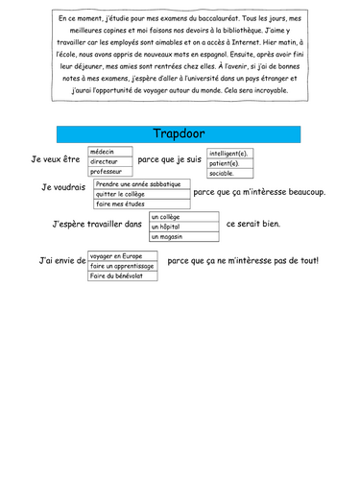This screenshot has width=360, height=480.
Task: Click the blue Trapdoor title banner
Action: click(x=180, y=132)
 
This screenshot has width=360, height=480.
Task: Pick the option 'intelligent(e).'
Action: click(x=233, y=153)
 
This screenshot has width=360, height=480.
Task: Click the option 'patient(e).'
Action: click(x=233, y=163)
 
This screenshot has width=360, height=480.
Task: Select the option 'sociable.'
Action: click(x=233, y=173)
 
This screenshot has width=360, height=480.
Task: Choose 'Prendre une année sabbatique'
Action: click(x=140, y=183)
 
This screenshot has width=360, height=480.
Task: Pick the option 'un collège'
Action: click(x=183, y=217)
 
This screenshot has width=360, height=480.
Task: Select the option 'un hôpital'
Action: click(x=183, y=227)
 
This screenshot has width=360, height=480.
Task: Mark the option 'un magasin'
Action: click(x=183, y=236)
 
